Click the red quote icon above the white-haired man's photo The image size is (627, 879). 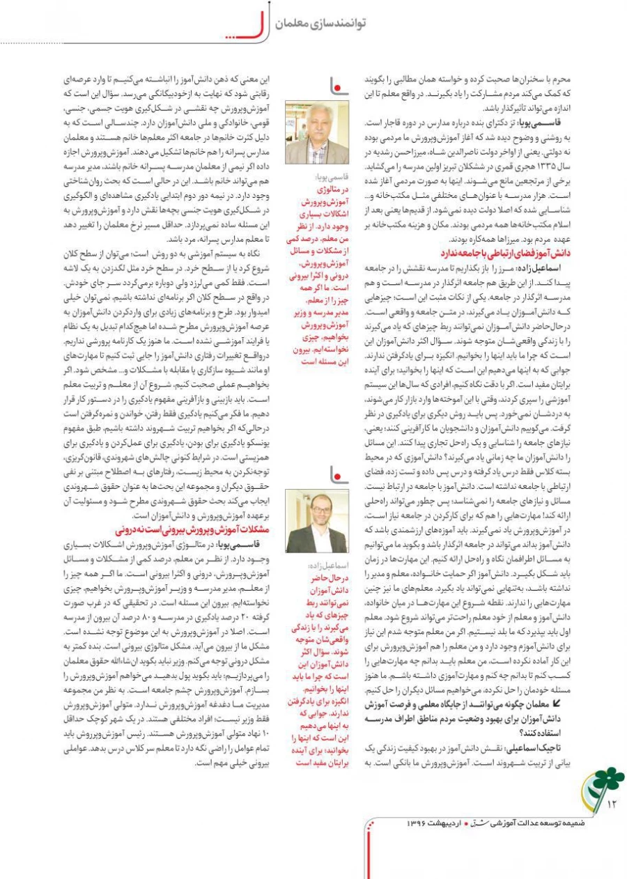pyautogui.click(x=338, y=85)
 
